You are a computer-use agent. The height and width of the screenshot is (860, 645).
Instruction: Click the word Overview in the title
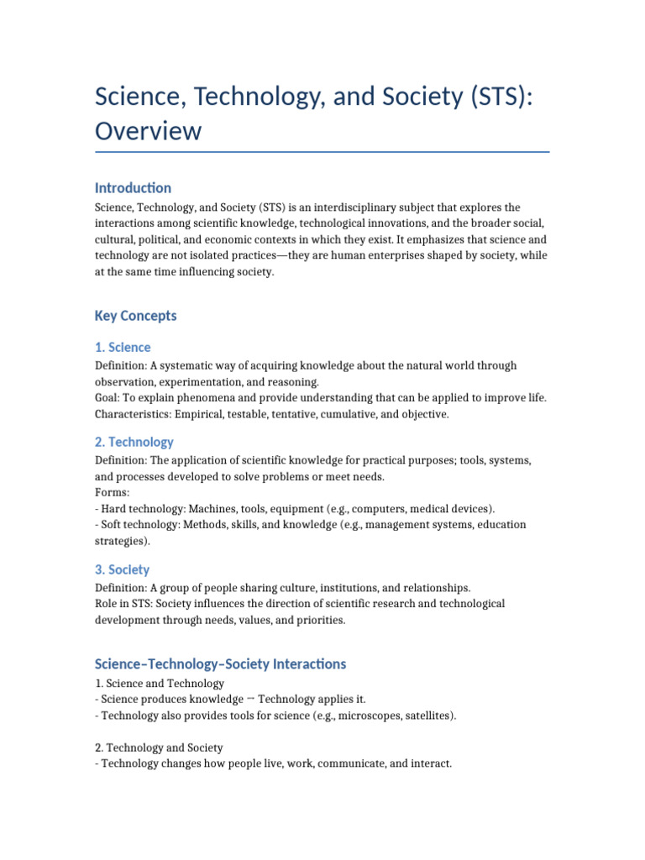(x=148, y=131)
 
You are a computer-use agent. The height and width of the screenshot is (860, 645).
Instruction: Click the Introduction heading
(x=133, y=187)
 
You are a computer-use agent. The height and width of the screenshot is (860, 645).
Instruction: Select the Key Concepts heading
(x=136, y=316)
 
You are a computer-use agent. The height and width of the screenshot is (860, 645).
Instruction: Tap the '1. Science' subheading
(x=123, y=347)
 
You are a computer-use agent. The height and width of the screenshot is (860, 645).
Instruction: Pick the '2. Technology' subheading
(x=134, y=442)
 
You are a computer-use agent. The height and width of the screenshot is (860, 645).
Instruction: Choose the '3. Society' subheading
(x=123, y=569)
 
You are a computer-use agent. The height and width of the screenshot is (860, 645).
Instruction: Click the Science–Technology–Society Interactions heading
(x=220, y=663)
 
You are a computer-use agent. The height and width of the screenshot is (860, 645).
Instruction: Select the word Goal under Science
(x=107, y=398)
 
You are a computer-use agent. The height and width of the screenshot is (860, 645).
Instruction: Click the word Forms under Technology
(x=112, y=493)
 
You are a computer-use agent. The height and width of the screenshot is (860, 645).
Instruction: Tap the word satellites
(x=427, y=716)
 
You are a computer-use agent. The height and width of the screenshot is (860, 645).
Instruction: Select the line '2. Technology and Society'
(x=159, y=747)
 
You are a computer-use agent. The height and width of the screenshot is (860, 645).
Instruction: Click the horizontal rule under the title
(x=322, y=152)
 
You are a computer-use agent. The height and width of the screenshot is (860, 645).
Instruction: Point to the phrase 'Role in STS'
(x=124, y=604)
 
